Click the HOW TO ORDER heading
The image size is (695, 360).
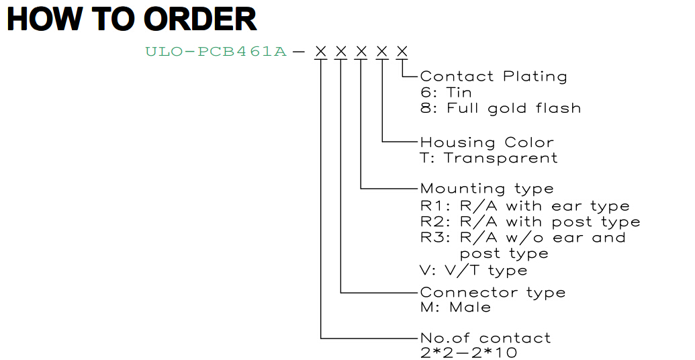click(x=132, y=19)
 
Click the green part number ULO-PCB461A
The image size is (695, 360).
click(x=216, y=52)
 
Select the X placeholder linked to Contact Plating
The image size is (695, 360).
click(x=402, y=52)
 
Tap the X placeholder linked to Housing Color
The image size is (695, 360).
click(x=381, y=52)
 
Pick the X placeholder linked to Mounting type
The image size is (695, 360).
click(x=361, y=52)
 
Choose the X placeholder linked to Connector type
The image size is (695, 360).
click(x=341, y=52)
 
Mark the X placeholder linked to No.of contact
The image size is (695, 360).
click(x=320, y=52)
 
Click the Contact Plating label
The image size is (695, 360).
click(x=494, y=77)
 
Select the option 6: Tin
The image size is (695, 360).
click(x=446, y=93)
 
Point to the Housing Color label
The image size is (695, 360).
click(x=487, y=143)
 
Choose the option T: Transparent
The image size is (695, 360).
click(x=488, y=159)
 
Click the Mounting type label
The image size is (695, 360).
click(x=487, y=189)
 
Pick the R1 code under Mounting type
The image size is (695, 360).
click(x=430, y=206)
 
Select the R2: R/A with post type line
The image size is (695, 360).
click(x=530, y=222)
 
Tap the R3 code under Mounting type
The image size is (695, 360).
click(x=430, y=238)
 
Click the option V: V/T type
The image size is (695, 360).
click(x=473, y=271)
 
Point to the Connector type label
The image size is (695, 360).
click(x=492, y=293)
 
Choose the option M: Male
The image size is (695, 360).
click(x=455, y=307)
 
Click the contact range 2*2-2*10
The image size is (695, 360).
click(x=469, y=353)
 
